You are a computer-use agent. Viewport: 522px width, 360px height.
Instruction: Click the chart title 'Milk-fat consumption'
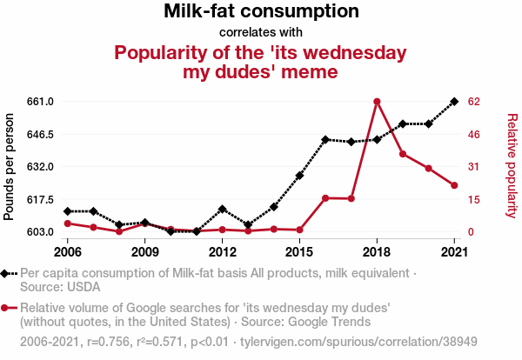click(x=261, y=12)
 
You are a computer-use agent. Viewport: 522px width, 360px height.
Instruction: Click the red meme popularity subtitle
click(x=261, y=62)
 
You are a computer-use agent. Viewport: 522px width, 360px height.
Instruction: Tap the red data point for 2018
click(x=377, y=102)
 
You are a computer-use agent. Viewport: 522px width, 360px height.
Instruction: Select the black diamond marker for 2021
click(x=454, y=102)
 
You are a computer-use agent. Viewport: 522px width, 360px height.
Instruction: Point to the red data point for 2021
click(x=454, y=185)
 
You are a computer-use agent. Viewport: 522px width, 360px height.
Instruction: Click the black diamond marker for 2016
click(x=325, y=139)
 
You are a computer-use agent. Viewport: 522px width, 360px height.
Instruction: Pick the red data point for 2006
click(x=68, y=223)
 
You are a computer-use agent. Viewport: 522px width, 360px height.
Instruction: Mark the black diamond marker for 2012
click(x=223, y=209)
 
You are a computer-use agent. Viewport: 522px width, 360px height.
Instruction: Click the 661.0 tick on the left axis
click(x=41, y=102)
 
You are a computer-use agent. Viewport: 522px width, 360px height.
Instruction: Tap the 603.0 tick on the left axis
click(x=41, y=232)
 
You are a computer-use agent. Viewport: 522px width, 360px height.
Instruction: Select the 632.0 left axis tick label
click(x=41, y=166)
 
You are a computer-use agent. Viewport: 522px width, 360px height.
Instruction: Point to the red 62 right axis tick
click(x=473, y=102)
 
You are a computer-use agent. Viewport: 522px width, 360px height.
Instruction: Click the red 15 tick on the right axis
click(x=473, y=199)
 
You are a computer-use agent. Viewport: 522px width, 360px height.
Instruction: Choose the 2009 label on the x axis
click(x=145, y=252)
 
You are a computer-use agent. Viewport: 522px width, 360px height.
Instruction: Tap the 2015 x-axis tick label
click(x=299, y=252)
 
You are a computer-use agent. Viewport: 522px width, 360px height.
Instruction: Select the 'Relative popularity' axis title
click(x=511, y=166)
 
